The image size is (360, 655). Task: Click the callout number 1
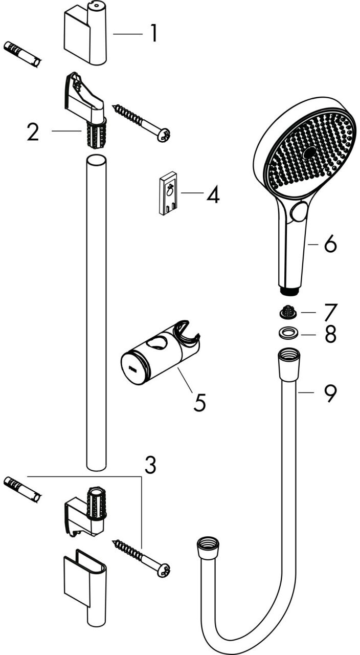coord(154,33)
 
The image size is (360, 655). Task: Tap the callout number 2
coord(33,132)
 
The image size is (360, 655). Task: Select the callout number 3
coord(150,465)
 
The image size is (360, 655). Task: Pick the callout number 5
coord(199,402)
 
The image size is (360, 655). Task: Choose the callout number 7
coord(331,312)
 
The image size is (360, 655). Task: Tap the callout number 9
coord(330,394)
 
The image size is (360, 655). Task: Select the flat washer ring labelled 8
coord(287,333)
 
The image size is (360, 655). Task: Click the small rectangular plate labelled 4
coord(168,193)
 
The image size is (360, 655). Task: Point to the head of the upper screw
coord(164,135)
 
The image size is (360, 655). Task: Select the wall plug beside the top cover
coord(22,55)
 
